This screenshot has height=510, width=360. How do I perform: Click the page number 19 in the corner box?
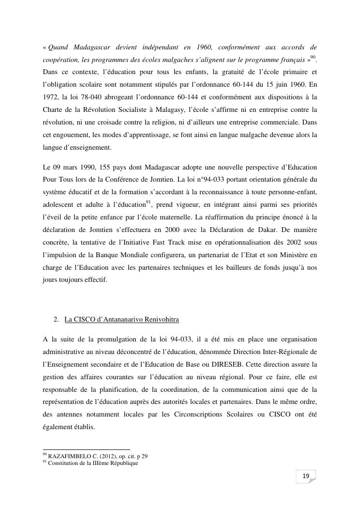coord(306,477)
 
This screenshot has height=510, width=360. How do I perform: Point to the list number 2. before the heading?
coord(56,320)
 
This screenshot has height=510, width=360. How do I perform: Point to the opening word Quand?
coord(58,47)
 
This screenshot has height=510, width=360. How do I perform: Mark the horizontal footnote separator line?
coord(87,449)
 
